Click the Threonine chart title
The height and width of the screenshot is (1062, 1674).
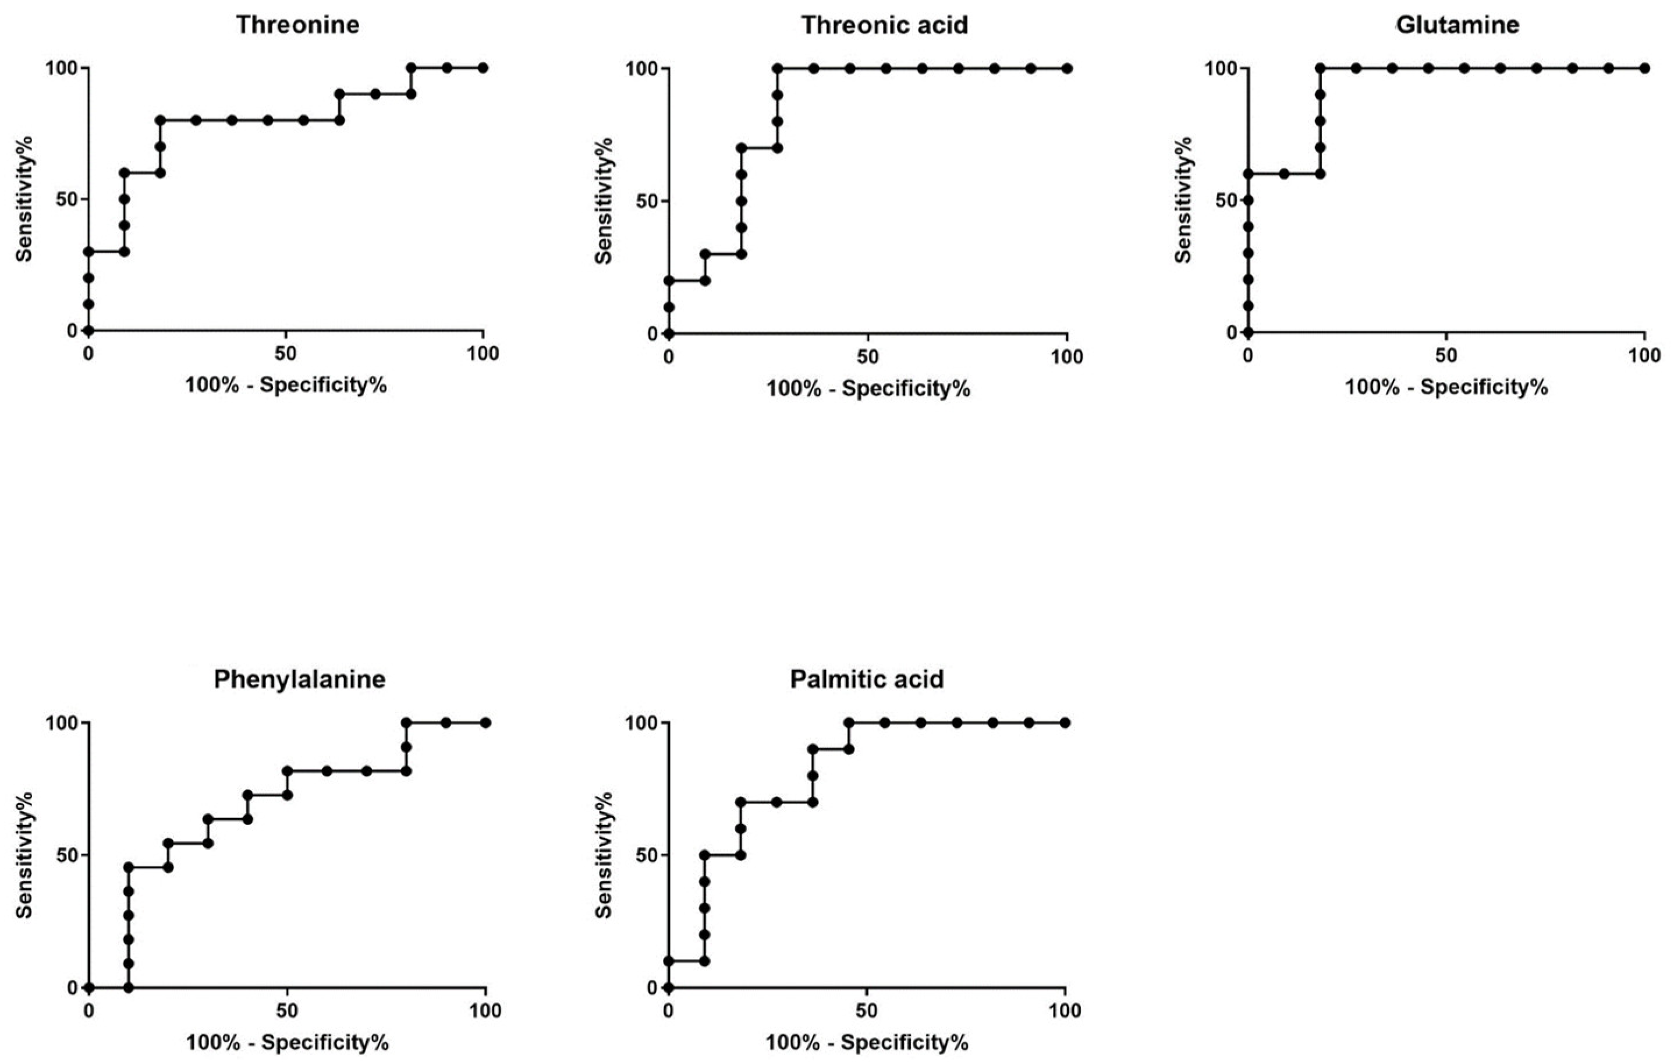(297, 25)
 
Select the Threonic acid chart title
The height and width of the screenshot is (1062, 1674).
(884, 25)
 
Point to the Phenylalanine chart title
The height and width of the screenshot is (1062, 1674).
(299, 679)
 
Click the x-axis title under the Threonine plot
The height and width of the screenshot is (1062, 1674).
(286, 385)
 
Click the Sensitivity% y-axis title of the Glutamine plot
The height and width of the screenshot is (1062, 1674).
(1183, 200)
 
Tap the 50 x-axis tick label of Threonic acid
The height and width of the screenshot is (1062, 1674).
(868, 357)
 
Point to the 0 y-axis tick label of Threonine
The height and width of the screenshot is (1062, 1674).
(72, 330)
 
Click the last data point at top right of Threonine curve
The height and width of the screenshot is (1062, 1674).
(483, 68)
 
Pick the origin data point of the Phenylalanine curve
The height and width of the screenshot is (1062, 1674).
(88, 987)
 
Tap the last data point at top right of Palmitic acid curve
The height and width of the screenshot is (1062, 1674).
(1065, 723)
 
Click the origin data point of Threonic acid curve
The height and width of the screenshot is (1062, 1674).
(669, 334)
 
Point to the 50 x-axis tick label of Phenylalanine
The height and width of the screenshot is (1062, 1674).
(286, 1011)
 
